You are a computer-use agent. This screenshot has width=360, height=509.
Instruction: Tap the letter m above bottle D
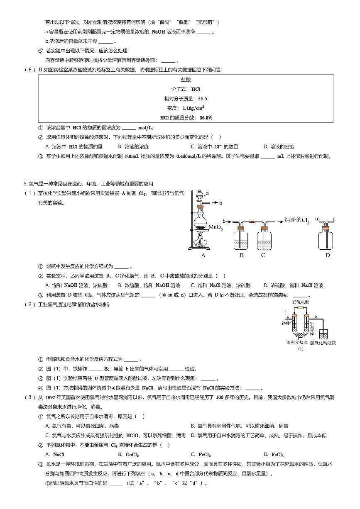[x=317, y=218]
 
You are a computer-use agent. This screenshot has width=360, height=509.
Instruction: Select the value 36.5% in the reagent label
[x=206, y=117]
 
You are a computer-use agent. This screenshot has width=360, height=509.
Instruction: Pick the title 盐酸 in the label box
[x=186, y=79]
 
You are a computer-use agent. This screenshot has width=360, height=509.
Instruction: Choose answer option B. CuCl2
[x=128, y=455]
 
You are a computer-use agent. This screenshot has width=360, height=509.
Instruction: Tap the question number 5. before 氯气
[x=26, y=183]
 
